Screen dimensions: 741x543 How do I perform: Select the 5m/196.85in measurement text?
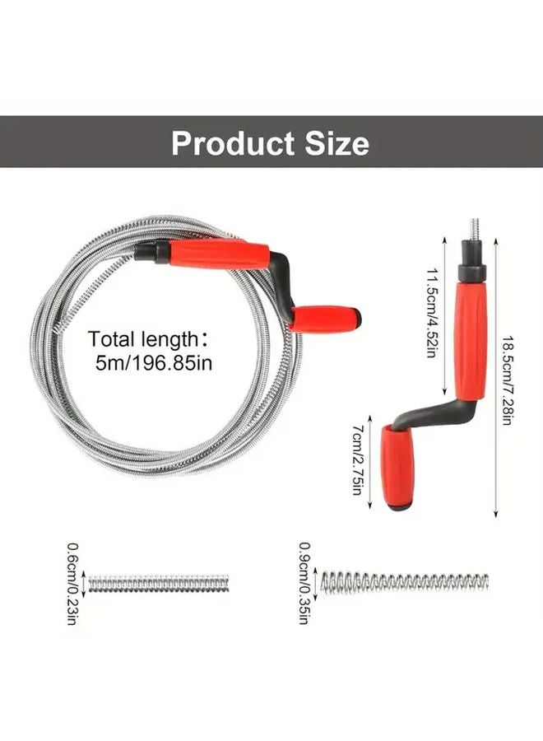(154, 362)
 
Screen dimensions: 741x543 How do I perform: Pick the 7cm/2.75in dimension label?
(357, 459)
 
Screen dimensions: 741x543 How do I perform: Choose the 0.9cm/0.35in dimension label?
(304, 582)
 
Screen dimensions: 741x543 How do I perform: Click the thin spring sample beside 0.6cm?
(158, 584)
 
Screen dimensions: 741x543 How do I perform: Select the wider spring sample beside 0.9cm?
(404, 582)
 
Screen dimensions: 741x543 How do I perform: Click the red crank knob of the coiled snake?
(325, 318)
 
